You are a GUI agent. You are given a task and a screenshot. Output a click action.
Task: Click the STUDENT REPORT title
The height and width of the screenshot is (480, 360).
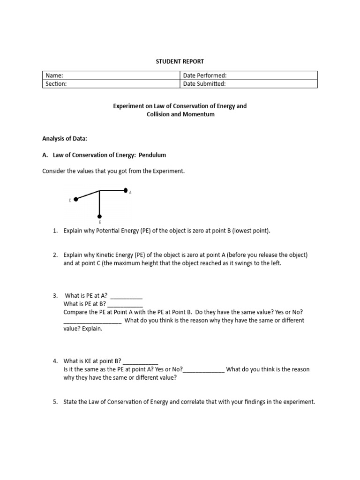(x=180, y=61)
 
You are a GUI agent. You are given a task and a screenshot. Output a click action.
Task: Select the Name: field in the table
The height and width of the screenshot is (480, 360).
(x=111, y=75)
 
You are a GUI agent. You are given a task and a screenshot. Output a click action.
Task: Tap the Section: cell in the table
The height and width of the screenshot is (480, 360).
(x=111, y=84)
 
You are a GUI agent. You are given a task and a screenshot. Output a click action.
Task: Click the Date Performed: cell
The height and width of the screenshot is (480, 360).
(x=248, y=75)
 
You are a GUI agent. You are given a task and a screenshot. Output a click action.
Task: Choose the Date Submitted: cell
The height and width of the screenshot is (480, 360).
(x=248, y=84)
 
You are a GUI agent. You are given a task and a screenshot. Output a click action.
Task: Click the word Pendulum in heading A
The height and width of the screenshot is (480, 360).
(x=152, y=155)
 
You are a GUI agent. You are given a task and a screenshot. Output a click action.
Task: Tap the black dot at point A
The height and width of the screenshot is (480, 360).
(x=126, y=190)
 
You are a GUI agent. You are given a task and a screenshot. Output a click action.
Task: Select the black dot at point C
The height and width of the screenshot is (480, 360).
(x=76, y=199)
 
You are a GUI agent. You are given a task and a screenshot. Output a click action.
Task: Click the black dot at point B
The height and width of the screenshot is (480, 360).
(x=100, y=216)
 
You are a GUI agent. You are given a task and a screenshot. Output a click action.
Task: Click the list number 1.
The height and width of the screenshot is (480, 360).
(x=55, y=231)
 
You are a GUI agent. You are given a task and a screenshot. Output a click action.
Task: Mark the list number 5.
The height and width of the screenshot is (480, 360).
(x=55, y=402)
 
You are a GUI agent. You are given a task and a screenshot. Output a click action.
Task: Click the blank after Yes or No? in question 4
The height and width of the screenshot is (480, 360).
(x=204, y=370)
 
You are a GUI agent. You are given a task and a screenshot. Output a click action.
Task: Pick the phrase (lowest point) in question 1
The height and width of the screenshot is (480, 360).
(x=252, y=231)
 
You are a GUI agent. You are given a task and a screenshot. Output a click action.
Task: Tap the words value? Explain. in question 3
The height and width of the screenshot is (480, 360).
(x=83, y=329)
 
